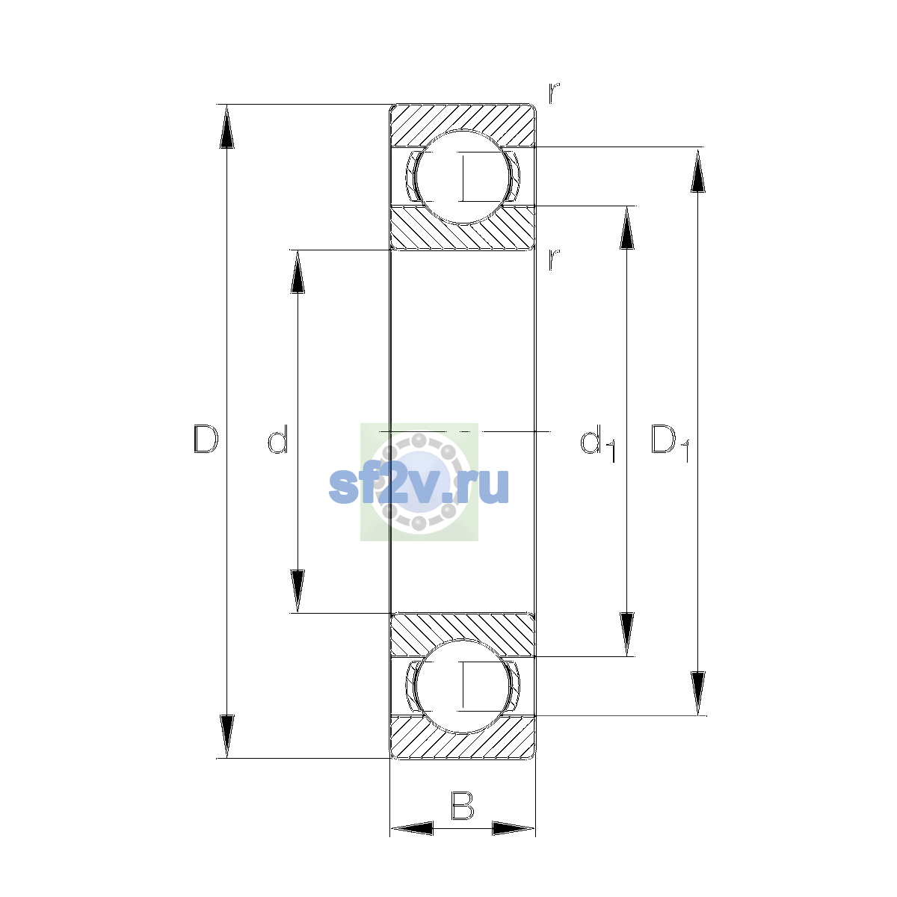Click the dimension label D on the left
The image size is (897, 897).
[x=206, y=439]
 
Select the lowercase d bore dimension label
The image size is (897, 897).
[x=278, y=439]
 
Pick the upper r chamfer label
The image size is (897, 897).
[x=553, y=93]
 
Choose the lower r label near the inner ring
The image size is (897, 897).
[x=553, y=259]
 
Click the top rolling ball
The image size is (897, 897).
[x=463, y=177]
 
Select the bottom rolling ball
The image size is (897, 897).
[x=463, y=687]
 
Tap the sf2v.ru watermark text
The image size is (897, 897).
[x=419, y=486]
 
